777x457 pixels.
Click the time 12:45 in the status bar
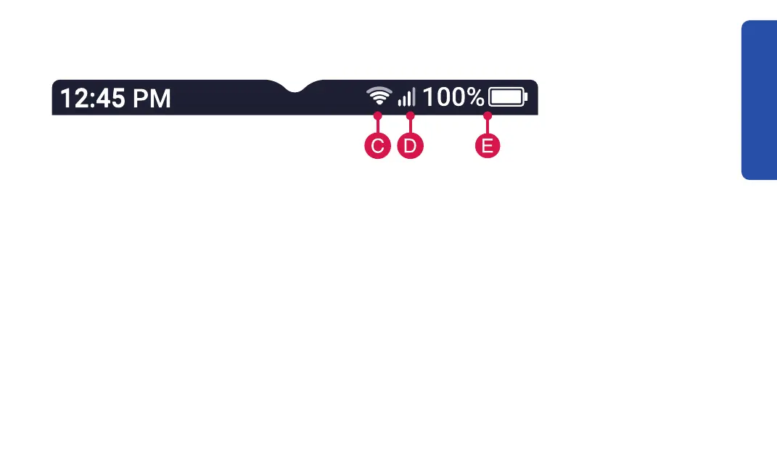(92, 98)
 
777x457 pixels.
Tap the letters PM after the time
(152, 98)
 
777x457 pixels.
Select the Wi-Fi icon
(378, 96)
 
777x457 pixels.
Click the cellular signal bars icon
(406, 97)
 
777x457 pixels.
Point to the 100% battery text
(453, 96)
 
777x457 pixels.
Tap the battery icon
(508, 97)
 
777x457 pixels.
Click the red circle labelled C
(377, 146)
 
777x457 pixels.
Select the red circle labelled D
(410, 146)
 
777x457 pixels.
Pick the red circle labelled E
(488, 146)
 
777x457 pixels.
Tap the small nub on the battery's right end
(525, 97)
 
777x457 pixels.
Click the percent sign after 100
(474, 96)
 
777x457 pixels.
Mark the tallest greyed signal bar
(413, 96)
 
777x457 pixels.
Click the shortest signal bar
(399, 103)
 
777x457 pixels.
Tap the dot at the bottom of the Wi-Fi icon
(378, 104)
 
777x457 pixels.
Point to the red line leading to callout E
(488, 125)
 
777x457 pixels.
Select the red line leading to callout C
(377, 125)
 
